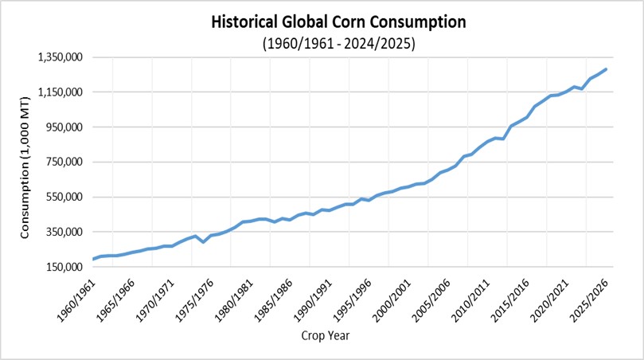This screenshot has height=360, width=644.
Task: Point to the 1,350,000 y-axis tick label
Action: point(61,57)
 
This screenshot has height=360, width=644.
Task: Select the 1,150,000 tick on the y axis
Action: point(61,92)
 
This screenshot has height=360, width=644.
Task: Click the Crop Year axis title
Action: point(325,335)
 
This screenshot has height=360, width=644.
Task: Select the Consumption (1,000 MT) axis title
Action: point(25,162)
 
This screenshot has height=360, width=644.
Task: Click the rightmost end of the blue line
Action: point(607,69)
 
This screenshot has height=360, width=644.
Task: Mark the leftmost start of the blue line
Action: point(94,259)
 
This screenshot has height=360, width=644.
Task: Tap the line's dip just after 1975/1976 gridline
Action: point(204,241)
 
